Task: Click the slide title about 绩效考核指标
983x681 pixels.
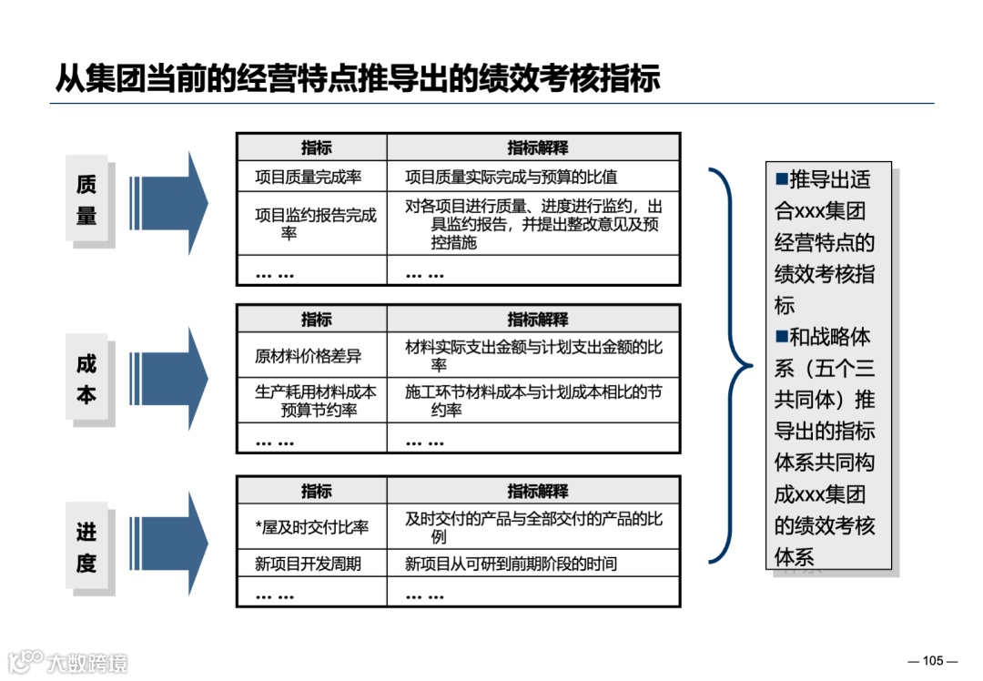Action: [357, 78]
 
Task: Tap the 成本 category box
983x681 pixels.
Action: [86, 379]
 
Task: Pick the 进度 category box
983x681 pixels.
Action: [86, 547]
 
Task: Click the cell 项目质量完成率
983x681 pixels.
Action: [309, 178]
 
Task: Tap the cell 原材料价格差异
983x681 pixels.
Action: [309, 355]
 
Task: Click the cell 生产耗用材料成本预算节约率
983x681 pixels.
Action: [314, 401]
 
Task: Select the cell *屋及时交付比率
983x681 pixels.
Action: [311, 527]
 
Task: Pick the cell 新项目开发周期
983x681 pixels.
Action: [309, 564]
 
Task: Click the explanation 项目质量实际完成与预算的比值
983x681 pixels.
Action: [512, 178]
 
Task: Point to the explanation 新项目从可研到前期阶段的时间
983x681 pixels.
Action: [511, 564]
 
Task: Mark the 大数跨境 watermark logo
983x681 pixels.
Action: [68, 661]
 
